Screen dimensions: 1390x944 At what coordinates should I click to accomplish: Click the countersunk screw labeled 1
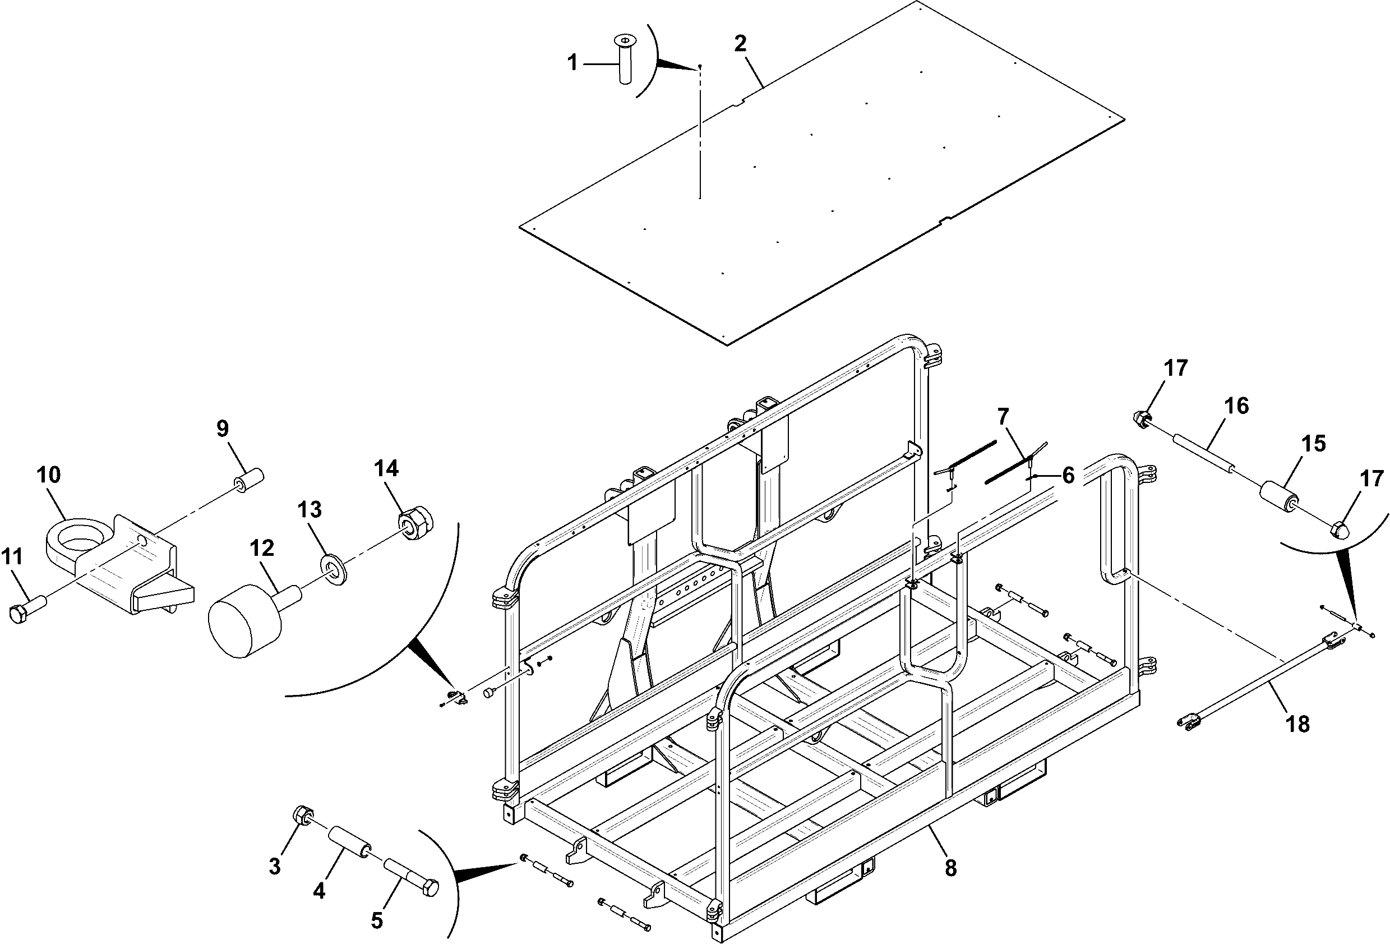click(x=625, y=60)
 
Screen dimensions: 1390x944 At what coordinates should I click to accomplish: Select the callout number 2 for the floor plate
click(x=741, y=44)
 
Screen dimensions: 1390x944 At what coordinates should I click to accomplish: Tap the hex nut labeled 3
click(x=302, y=815)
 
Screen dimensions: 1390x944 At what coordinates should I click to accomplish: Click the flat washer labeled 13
click(x=334, y=569)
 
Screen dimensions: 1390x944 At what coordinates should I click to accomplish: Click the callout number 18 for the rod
click(x=1297, y=724)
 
